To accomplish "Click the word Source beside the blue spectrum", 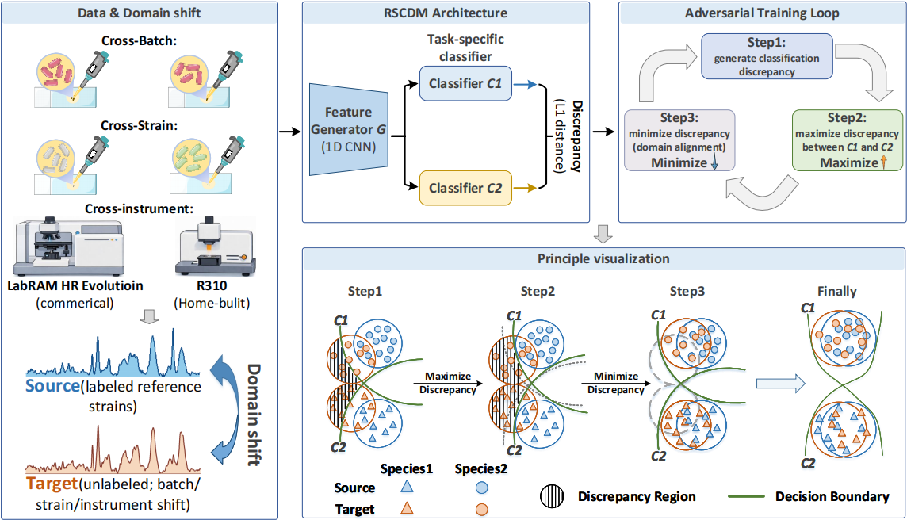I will (x=51, y=387).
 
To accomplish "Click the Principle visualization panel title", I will (x=603, y=259).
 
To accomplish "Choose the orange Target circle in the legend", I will (x=481, y=509).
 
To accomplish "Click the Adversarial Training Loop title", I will (x=761, y=13).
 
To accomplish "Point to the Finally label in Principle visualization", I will (x=837, y=291).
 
